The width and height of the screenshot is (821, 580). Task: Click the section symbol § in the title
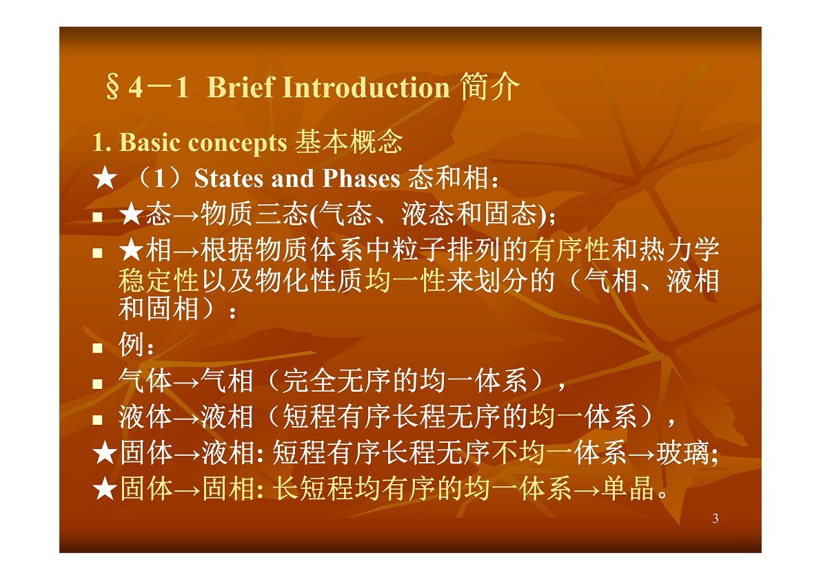click(x=112, y=87)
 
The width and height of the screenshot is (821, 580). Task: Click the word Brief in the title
click(x=241, y=87)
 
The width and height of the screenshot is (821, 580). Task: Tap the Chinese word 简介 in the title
click(x=489, y=86)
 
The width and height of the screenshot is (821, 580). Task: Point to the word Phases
click(x=361, y=179)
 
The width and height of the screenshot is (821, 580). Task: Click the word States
click(x=228, y=179)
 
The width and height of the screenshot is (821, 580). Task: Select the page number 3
click(x=716, y=519)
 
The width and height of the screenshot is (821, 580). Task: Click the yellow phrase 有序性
click(x=569, y=250)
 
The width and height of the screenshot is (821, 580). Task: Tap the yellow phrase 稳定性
click(x=159, y=280)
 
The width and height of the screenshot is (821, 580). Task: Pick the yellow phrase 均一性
click(x=405, y=280)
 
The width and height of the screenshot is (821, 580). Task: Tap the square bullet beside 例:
click(x=97, y=348)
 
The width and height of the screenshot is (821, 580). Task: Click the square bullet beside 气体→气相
click(x=97, y=383)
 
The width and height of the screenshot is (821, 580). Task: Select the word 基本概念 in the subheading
click(x=349, y=142)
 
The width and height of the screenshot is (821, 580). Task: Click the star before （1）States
click(x=105, y=179)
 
